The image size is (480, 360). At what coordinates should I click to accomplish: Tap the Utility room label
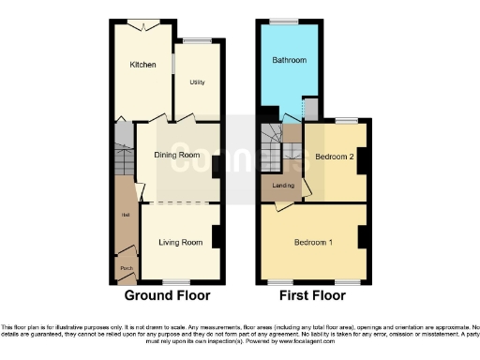coord(197,82)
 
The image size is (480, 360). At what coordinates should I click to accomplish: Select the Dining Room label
coord(177,155)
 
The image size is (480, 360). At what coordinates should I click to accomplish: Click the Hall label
coord(124,216)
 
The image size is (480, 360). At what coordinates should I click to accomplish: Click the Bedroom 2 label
coord(335,157)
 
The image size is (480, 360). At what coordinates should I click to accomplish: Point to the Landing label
coord(283,185)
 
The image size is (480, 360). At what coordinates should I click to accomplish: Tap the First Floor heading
coord(313,295)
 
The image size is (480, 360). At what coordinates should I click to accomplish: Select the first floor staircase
coord(274,145)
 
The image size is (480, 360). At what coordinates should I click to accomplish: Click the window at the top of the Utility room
coord(197,39)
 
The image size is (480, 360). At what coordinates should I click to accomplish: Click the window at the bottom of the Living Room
coord(176,283)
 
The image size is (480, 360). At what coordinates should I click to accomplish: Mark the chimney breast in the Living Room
coord(217,236)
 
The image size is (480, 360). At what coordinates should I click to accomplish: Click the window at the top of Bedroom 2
coord(346,119)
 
